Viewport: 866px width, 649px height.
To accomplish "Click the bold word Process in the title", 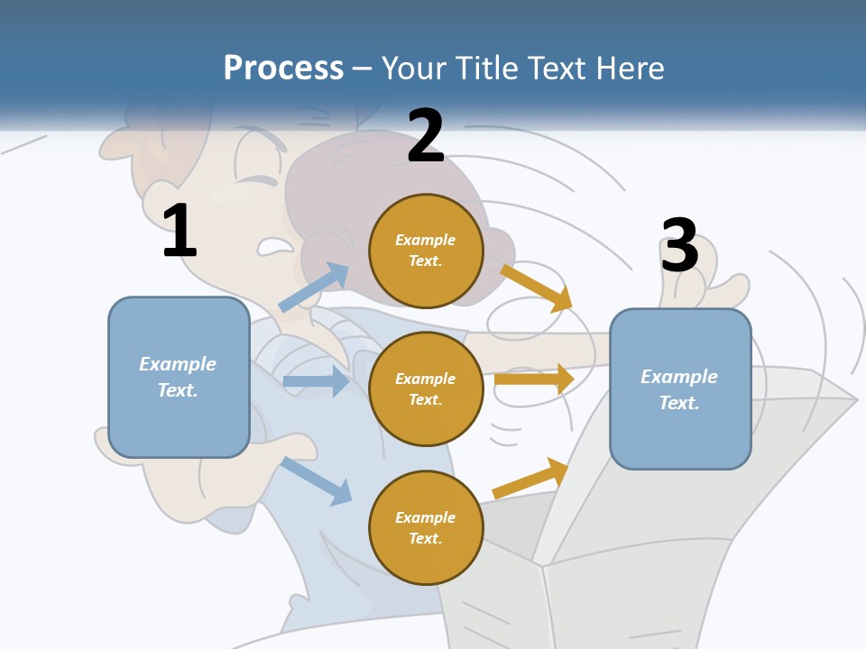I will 283,69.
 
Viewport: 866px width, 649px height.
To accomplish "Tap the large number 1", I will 180,231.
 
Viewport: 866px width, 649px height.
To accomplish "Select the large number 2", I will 426,136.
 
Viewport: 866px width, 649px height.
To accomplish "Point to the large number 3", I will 679,245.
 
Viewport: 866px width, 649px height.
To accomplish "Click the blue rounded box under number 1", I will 179,377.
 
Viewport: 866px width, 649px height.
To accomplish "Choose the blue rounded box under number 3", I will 680,388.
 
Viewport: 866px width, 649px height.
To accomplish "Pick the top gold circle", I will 426,251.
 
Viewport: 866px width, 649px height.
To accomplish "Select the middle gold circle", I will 426,388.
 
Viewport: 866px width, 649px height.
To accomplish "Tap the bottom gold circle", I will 426,527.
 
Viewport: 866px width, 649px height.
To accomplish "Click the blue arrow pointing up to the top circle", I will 314,287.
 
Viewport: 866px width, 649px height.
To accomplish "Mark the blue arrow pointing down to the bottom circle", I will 316,480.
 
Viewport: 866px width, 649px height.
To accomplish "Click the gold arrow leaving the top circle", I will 537,288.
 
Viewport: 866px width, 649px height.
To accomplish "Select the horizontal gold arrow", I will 534,379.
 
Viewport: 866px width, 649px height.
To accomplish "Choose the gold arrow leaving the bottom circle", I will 530,479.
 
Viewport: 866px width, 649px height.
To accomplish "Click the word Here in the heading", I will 631,69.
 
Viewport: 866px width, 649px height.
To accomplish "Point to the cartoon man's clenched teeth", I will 274,245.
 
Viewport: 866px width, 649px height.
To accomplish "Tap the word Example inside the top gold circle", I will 426,240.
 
